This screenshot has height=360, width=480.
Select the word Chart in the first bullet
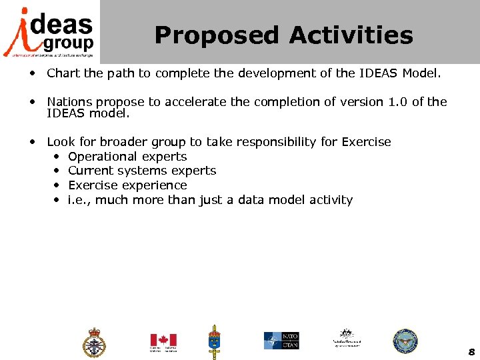click(61, 73)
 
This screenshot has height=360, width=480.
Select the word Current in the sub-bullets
click(89, 171)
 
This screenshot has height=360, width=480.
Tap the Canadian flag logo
click(163, 341)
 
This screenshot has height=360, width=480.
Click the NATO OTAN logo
click(281, 340)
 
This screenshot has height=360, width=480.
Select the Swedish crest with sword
click(215, 341)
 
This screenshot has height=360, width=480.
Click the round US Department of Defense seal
click(404, 341)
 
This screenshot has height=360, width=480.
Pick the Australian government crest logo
click(346, 337)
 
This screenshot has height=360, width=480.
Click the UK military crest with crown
click(94, 343)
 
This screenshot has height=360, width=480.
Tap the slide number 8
click(471, 352)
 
